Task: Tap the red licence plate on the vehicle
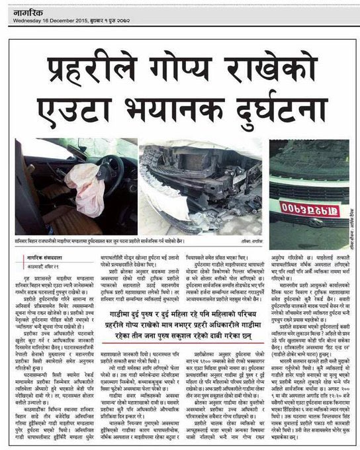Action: pyautogui.click(x=300, y=209)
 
